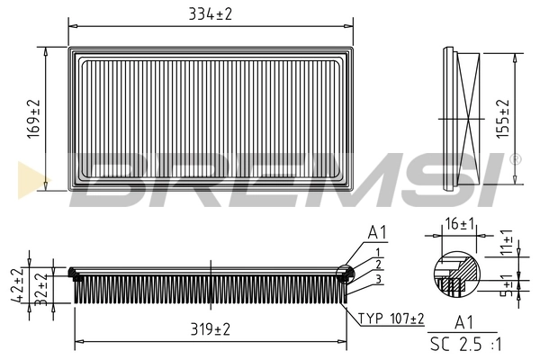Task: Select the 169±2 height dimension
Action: pos(31,117)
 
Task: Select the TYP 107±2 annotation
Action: pos(391,319)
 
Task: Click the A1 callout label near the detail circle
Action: pos(377,232)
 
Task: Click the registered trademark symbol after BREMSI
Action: pos(515,158)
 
